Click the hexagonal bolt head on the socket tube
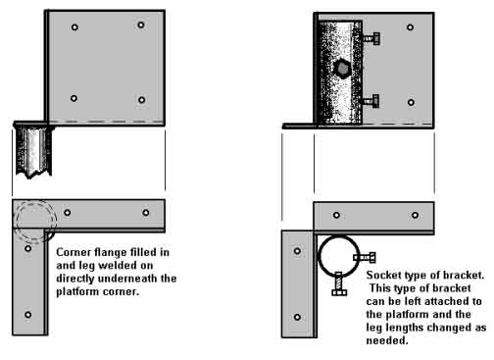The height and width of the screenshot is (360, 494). [x=342, y=68]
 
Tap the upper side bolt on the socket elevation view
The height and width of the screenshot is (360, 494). [x=370, y=38]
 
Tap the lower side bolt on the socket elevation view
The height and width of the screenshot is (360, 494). [x=370, y=101]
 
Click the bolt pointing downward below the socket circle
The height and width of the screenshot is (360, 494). [x=339, y=283]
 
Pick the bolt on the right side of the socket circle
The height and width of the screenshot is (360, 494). [x=365, y=258]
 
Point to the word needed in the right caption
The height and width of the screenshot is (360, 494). [x=387, y=340]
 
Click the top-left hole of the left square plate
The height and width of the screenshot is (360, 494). [x=74, y=27]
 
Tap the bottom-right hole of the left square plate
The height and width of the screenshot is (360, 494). [x=142, y=100]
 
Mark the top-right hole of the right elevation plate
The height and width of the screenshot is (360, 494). [x=411, y=27]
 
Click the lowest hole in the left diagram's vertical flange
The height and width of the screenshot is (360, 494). [x=28, y=315]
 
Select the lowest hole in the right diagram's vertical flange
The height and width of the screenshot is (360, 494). [x=297, y=317]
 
